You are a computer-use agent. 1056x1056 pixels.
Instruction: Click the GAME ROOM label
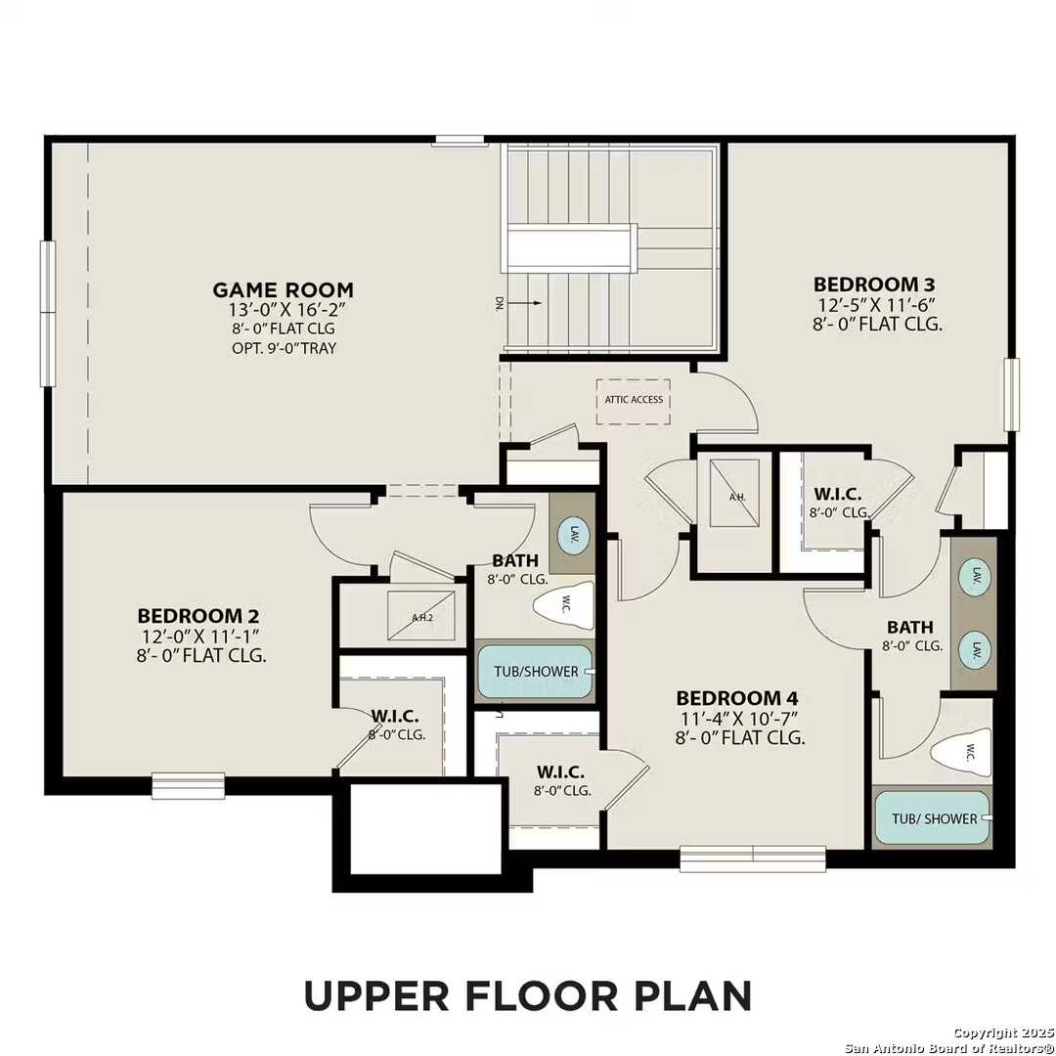point(284,289)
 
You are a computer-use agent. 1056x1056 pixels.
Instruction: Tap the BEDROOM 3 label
point(867,285)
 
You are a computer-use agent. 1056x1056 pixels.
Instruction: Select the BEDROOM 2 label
point(198,616)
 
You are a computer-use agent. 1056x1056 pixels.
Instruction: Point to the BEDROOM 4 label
point(737,698)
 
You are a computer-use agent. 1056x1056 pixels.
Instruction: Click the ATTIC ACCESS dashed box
point(633,400)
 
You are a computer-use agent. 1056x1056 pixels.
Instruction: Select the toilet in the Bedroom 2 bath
point(565,606)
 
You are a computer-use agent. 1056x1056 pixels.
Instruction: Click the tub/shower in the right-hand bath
point(933,818)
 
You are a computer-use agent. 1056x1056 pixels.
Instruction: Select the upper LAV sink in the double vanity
point(973,575)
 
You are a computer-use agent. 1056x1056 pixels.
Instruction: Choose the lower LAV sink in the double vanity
point(973,649)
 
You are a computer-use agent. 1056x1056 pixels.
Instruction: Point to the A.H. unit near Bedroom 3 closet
point(736,495)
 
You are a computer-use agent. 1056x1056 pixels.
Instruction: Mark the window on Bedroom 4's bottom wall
point(753,858)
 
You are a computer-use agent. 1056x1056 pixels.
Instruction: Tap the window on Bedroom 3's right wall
point(1011,394)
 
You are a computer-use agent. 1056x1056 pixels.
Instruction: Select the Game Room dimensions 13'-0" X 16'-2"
point(284,310)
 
